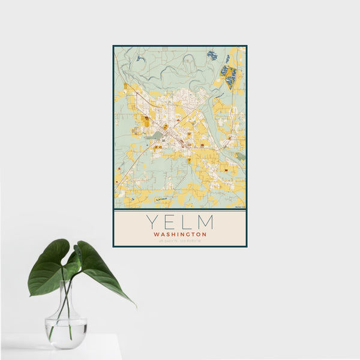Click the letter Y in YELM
[x=150, y=222]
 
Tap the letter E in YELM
[x=169, y=222]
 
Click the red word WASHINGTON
[x=180, y=234]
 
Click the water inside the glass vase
[x=65, y=333]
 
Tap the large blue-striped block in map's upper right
[x=229, y=77]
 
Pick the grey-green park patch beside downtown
[x=157, y=136]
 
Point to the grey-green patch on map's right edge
[x=240, y=157]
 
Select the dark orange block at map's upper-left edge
[x=125, y=88]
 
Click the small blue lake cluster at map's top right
[x=212, y=55]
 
